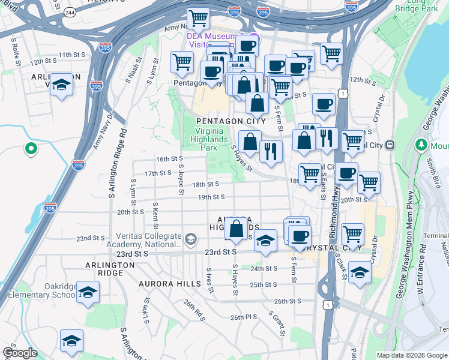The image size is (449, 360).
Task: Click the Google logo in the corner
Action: [20, 353]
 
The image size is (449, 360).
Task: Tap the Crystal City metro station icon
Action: [390, 145]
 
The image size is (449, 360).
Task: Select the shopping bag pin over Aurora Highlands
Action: [237, 229]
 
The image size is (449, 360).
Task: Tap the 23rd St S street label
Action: [220, 253]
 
